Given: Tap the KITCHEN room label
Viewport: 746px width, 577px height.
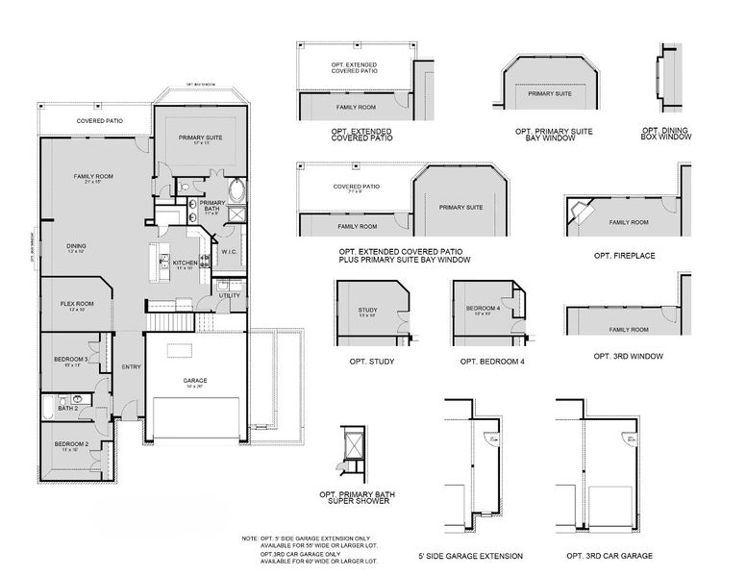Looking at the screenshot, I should (x=185, y=263).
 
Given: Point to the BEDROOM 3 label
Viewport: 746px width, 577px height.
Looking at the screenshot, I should (x=70, y=360).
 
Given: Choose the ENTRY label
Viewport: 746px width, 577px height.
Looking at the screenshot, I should (x=131, y=366).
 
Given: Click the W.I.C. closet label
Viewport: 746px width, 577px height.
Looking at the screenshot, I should (x=230, y=252).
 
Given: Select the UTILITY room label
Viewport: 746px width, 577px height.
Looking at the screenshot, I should (x=229, y=295).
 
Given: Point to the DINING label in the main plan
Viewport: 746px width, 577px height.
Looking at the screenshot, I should (x=76, y=245).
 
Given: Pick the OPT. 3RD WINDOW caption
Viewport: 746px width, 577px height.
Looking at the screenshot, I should (x=628, y=355).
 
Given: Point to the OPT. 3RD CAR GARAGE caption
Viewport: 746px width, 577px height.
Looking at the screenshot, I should (x=609, y=556).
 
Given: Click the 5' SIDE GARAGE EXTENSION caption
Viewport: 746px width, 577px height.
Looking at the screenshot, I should (x=470, y=556).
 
